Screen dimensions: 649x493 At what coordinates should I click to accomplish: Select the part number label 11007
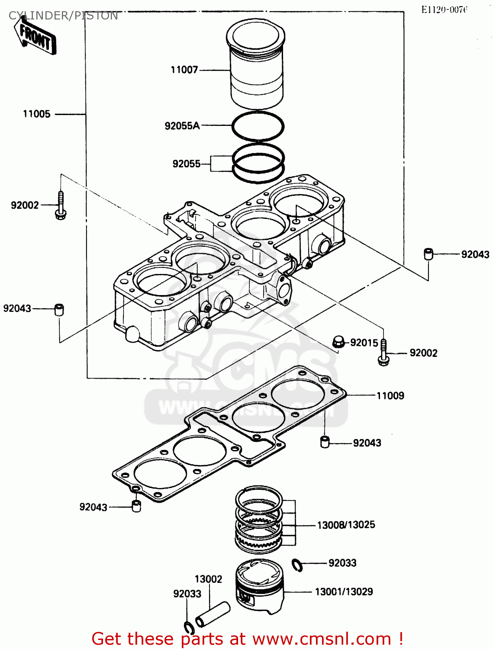click(184, 70)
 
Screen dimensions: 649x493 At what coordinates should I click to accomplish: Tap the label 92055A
click(182, 126)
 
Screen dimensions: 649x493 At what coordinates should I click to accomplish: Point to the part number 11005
click(37, 114)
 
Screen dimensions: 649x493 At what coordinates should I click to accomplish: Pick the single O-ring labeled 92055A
click(258, 126)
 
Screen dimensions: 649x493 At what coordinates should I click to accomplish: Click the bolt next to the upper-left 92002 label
click(61, 206)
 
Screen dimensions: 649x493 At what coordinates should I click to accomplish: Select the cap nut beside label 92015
click(339, 342)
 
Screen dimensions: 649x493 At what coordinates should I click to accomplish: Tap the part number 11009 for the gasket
click(390, 395)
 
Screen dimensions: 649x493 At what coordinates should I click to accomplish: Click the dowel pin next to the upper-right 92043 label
click(429, 254)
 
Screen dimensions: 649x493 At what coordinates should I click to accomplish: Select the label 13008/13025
click(346, 525)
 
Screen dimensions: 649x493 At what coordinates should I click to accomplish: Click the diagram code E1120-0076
click(444, 10)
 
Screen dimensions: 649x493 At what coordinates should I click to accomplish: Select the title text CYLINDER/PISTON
click(63, 16)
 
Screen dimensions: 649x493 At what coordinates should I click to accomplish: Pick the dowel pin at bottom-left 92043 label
click(136, 506)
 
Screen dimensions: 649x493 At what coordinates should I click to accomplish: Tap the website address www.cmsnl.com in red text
click(322, 639)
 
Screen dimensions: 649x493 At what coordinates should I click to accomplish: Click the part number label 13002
click(208, 579)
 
